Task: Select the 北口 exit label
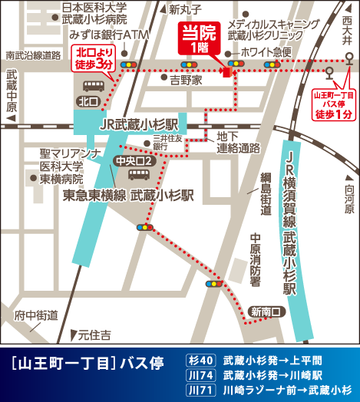[89, 101]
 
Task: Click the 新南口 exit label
[266, 311]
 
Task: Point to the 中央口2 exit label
[134, 161]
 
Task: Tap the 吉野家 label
[186, 79]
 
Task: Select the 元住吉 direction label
[94, 335]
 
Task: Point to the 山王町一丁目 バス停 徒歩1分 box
[335, 104]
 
